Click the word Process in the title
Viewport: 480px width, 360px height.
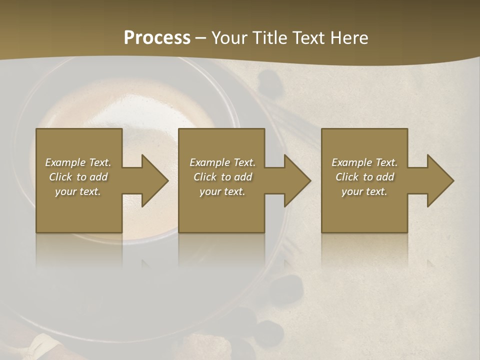(x=157, y=38)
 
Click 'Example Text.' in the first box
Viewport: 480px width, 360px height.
(x=78, y=162)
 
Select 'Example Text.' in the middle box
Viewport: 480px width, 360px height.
(x=222, y=162)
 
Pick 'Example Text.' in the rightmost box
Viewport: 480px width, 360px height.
(x=364, y=162)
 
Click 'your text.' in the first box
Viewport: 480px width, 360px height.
(x=78, y=191)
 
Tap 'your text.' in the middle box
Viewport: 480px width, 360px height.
(x=222, y=191)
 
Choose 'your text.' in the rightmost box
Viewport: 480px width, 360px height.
(x=364, y=191)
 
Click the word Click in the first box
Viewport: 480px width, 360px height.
(x=60, y=177)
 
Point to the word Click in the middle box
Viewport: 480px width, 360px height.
(x=204, y=177)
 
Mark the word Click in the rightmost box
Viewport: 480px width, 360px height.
(x=346, y=177)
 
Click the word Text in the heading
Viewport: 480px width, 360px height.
(x=308, y=38)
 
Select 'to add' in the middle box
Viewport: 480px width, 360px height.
(x=236, y=177)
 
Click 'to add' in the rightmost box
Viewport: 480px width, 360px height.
(x=378, y=177)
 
